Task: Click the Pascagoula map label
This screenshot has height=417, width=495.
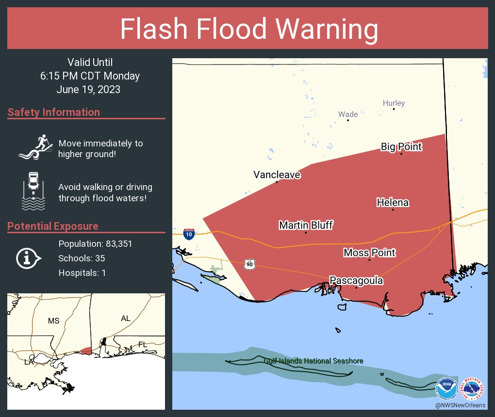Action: [356, 281]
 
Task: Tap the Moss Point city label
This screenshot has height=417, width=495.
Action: [369, 253]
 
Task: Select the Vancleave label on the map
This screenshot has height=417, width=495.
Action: [277, 175]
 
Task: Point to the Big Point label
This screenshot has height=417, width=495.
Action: [401, 147]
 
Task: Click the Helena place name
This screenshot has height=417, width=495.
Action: [393, 203]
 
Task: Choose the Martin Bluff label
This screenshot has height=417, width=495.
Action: [306, 225]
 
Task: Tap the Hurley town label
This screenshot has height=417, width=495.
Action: [394, 103]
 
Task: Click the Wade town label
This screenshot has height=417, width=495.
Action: [348, 114]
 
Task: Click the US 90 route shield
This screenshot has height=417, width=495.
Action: [249, 264]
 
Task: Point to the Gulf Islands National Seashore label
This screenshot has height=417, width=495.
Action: [313, 361]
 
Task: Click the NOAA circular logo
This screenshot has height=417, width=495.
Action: [446, 389]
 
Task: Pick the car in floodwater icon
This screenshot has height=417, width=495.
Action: [33, 191]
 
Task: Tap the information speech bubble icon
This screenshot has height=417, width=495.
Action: [28, 258]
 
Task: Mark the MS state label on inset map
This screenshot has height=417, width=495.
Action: [53, 321]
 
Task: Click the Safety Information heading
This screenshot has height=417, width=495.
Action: [54, 112]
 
